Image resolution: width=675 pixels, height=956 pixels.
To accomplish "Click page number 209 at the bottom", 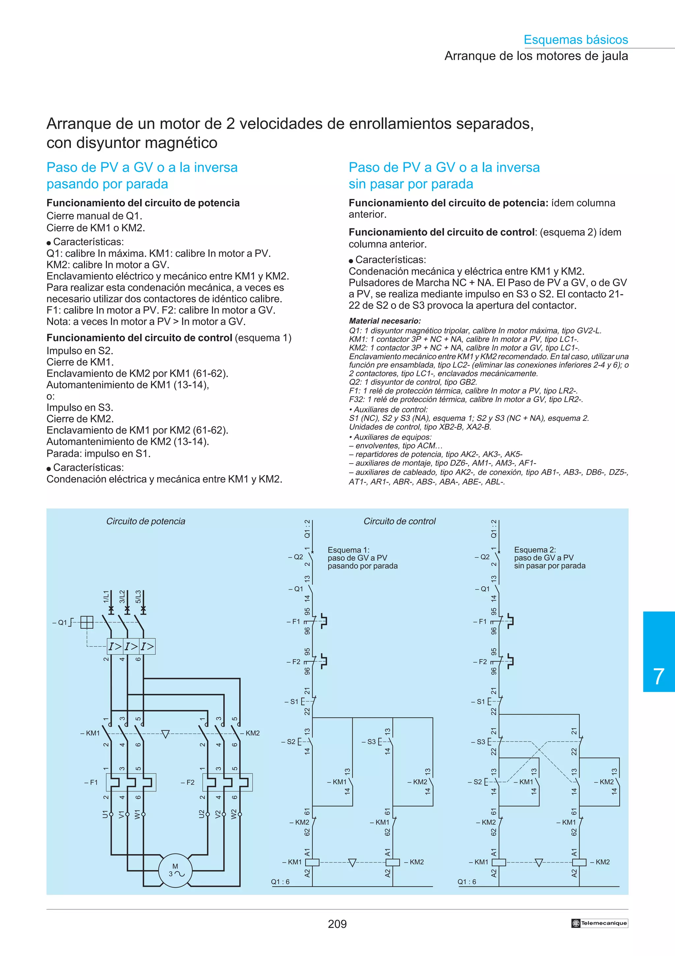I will pyautogui.click(x=337, y=924).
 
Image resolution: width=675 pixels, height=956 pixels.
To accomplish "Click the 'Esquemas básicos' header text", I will pyautogui.click(x=575, y=40).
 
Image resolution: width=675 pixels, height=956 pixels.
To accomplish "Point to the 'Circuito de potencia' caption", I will pyautogui.click(x=146, y=521).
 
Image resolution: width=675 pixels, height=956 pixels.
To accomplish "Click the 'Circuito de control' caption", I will pyautogui.click(x=399, y=521).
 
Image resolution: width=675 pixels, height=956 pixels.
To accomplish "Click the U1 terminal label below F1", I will pyautogui.click(x=105, y=814).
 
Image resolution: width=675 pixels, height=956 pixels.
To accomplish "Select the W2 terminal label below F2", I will pyautogui.click(x=234, y=814).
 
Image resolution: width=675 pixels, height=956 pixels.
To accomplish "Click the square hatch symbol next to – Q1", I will pyautogui.click(x=86, y=622).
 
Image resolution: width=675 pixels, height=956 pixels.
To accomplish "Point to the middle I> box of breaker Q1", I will pyautogui.click(x=131, y=647).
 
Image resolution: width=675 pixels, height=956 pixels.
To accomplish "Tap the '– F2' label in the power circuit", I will pyautogui.click(x=188, y=782).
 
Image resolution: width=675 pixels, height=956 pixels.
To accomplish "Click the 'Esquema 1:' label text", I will pyautogui.click(x=348, y=550).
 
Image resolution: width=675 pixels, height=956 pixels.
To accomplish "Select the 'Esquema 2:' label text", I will pyautogui.click(x=534, y=550).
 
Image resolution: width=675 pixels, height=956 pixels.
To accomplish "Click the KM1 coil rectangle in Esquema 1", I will pyautogui.click(x=312, y=862).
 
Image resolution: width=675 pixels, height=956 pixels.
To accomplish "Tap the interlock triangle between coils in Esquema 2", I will pyautogui.click(x=539, y=862).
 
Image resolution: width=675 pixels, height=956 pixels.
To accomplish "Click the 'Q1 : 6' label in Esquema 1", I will pyautogui.click(x=280, y=881).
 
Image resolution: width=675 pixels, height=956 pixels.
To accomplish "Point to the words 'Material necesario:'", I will pyautogui.click(x=385, y=321).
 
